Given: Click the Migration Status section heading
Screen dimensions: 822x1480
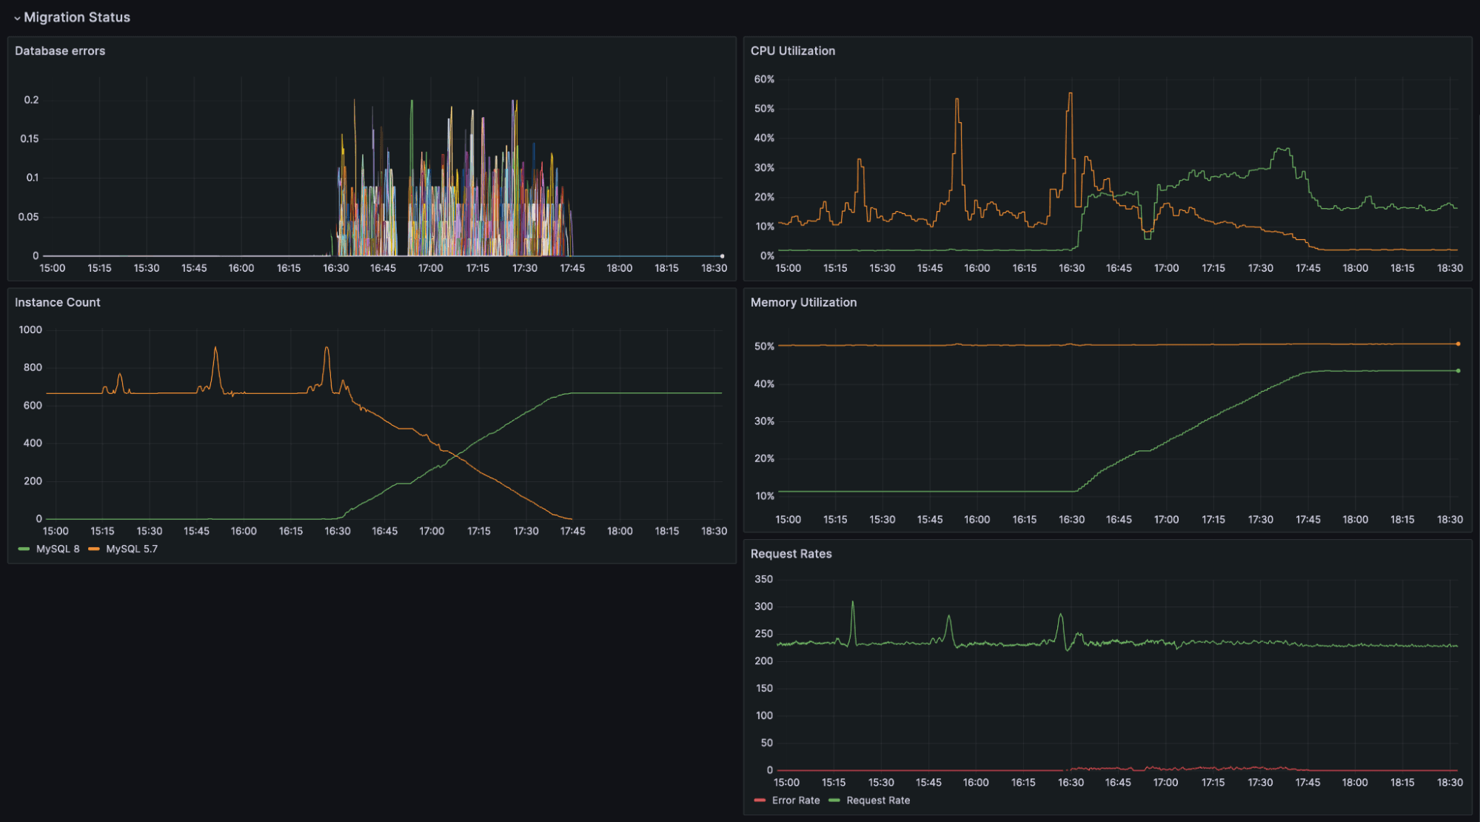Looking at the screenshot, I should [76, 17].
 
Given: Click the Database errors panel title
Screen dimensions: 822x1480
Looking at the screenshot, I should [60, 50].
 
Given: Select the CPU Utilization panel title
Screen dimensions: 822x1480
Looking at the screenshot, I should [792, 50].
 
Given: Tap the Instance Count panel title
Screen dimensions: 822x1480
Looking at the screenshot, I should [57, 302].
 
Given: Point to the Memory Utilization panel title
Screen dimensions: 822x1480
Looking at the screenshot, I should [803, 302].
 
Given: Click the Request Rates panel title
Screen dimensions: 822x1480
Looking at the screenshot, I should [791, 554].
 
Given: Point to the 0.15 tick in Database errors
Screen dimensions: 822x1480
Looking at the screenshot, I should [30, 138].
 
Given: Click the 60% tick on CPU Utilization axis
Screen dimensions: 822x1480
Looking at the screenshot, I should [764, 79].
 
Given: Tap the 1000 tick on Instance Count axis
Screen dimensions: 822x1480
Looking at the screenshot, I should [30, 330].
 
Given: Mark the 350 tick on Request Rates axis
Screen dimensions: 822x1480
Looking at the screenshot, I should [763, 579].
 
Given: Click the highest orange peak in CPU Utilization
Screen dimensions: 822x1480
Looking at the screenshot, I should [1070, 93].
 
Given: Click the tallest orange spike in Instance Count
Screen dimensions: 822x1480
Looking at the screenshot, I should [215, 347].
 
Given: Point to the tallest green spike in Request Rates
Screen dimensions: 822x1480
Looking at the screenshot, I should [852, 602].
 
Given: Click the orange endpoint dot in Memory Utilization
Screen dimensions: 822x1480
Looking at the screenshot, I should [1458, 344].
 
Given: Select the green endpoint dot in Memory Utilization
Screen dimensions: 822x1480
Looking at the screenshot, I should [1458, 370].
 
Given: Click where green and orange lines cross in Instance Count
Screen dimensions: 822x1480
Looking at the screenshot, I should [453, 455].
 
